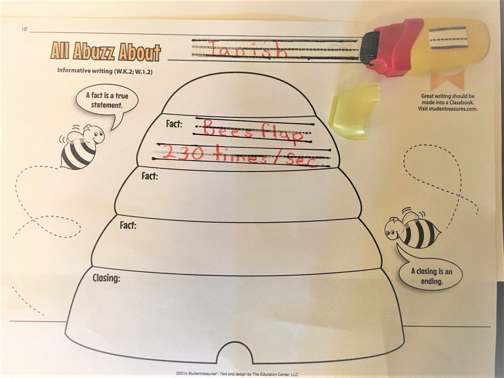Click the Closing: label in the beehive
[x=106, y=278]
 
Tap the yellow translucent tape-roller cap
[x=354, y=111]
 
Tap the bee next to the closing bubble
[x=411, y=230]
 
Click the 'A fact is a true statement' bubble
[x=107, y=100]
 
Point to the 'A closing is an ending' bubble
[x=431, y=276]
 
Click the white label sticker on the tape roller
[x=448, y=38]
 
